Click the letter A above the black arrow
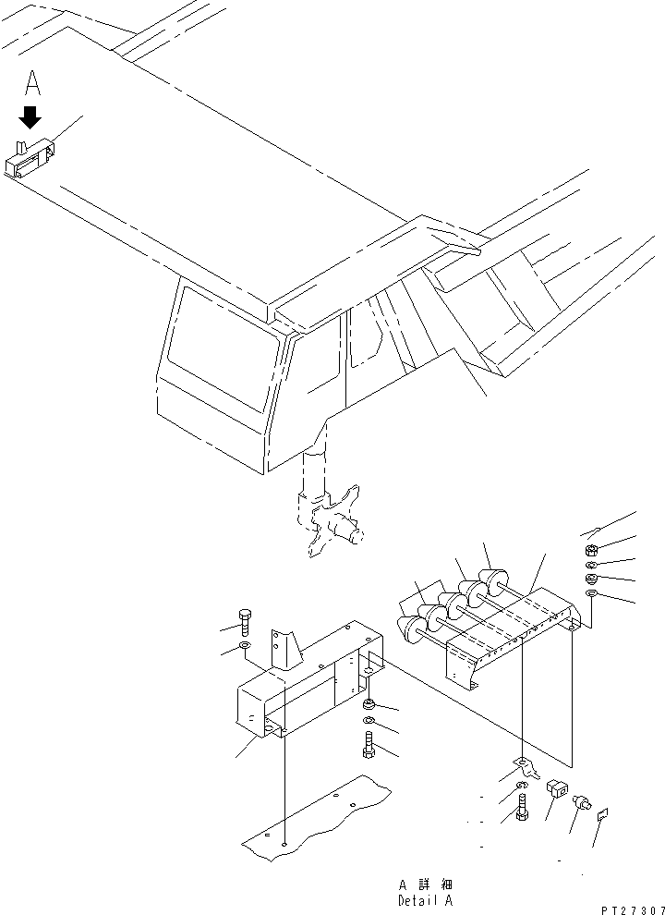click(32, 84)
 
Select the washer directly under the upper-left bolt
click(244, 643)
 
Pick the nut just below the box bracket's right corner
click(369, 707)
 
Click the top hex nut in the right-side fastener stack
click(594, 549)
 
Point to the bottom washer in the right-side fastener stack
click(593, 593)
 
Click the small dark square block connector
click(557, 789)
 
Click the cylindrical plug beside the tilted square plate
click(582, 803)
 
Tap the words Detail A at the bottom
click(426, 900)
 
